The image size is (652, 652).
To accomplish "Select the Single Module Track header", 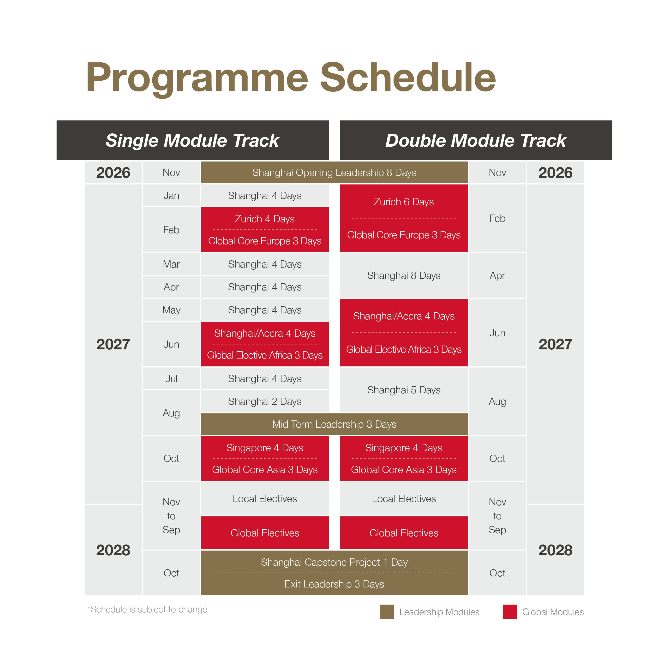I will (192, 140).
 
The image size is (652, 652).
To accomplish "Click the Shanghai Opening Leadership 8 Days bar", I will (334, 173).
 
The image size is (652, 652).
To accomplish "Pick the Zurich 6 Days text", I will (404, 202).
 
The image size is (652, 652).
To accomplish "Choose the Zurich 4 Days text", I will (265, 219).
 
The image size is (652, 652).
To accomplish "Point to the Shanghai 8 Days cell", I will (404, 275).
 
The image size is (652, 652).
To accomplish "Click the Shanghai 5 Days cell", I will (404, 390).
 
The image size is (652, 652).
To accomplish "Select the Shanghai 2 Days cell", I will (265, 401).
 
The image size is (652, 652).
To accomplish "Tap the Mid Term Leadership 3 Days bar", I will (334, 424).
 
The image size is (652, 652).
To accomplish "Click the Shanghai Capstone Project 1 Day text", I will (334, 562).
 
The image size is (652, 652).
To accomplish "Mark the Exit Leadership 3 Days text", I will (334, 584).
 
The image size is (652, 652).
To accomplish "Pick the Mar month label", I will (171, 264).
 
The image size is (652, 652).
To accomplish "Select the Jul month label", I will (171, 379).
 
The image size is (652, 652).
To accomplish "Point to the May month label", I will (171, 310).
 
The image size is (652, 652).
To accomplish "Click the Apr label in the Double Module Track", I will (497, 275).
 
